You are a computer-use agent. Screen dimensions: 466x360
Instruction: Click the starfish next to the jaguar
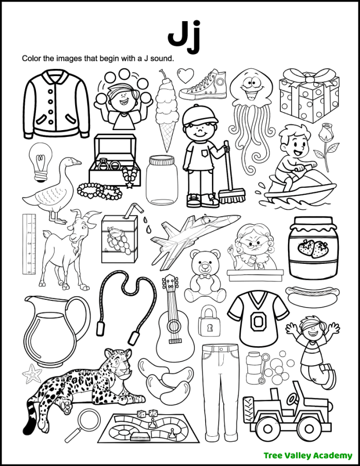pos(32,373)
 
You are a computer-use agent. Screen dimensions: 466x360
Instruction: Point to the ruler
pos(28,244)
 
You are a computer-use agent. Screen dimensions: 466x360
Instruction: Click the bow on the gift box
pos(309,81)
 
